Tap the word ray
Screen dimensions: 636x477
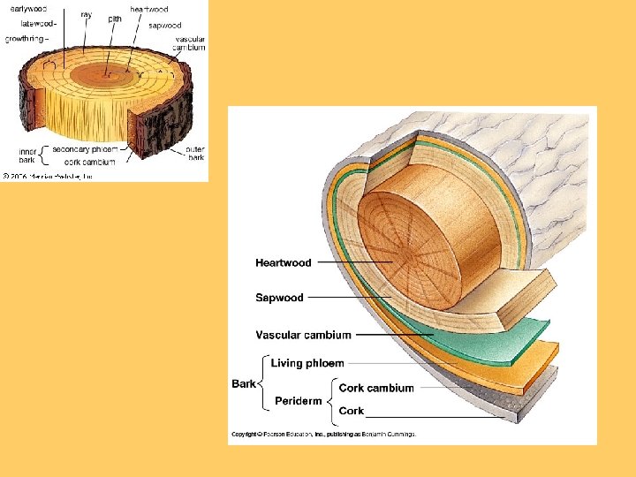pyautogui.click(x=86, y=14)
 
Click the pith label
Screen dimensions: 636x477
pyautogui.click(x=116, y=18)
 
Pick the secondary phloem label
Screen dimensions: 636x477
pyautogui.click(x=85, y=149)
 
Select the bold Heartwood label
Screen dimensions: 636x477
pyautogui.click(x=284, y=262)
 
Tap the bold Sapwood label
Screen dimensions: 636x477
pyautogui.click(x=279, y=298)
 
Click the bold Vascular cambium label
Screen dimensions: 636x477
pyautogui.click(x=303, y=335)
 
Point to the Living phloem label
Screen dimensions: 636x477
pyautogui.click(x=307, y=363)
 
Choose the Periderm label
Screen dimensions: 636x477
pyautogui.click(x=299, y=400)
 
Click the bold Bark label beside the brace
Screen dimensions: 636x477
pyautogui.click(x=244, y=383)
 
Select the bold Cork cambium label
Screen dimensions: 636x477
pyautogui.click(x=376, y=388)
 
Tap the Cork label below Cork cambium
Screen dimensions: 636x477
pyautogui.click(x=352, y=411)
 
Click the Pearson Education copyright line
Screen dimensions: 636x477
pyautogui.click(x=323, y=434)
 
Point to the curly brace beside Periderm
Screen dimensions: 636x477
pyautogui.click(x=331, y=399)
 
